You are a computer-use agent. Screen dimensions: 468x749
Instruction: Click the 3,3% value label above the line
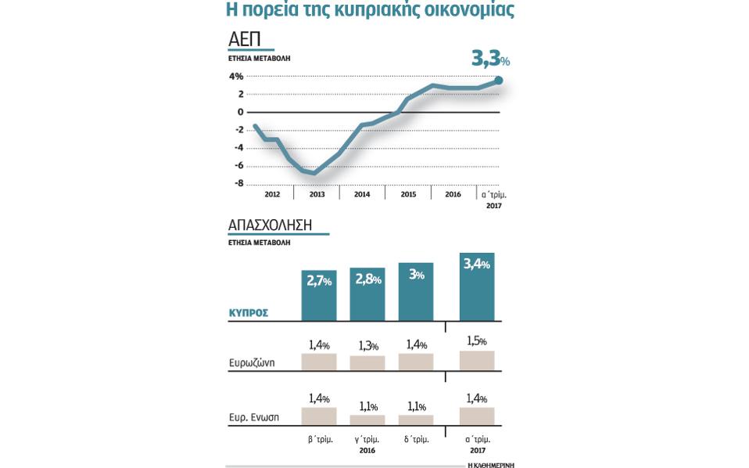click(490, 58)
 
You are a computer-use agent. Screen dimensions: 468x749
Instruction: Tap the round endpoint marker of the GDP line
click(499, 80)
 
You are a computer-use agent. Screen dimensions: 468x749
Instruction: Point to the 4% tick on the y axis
click(235, 77)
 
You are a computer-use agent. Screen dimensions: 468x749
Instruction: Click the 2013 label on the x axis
click(317, 194)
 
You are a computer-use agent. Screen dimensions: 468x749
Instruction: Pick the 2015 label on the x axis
click(407, 194)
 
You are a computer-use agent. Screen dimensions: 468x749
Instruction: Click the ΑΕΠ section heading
click(244, 40)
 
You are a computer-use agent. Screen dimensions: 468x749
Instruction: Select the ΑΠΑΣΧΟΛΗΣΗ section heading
click(270, 225)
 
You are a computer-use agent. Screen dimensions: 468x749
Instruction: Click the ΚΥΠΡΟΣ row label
click(249, 312)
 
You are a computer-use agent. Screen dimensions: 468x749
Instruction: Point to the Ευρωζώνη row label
click(252, 363)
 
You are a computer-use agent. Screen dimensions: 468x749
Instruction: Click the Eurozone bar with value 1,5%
click(477, 360)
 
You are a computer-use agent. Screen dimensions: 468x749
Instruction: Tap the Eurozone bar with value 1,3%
click(367, 363)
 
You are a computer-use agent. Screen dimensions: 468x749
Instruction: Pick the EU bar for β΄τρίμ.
click(319, 416)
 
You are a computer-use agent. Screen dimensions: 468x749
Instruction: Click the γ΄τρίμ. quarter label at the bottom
click(367, 439)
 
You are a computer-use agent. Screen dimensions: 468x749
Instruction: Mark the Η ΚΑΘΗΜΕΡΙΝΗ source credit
click(490, 465)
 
